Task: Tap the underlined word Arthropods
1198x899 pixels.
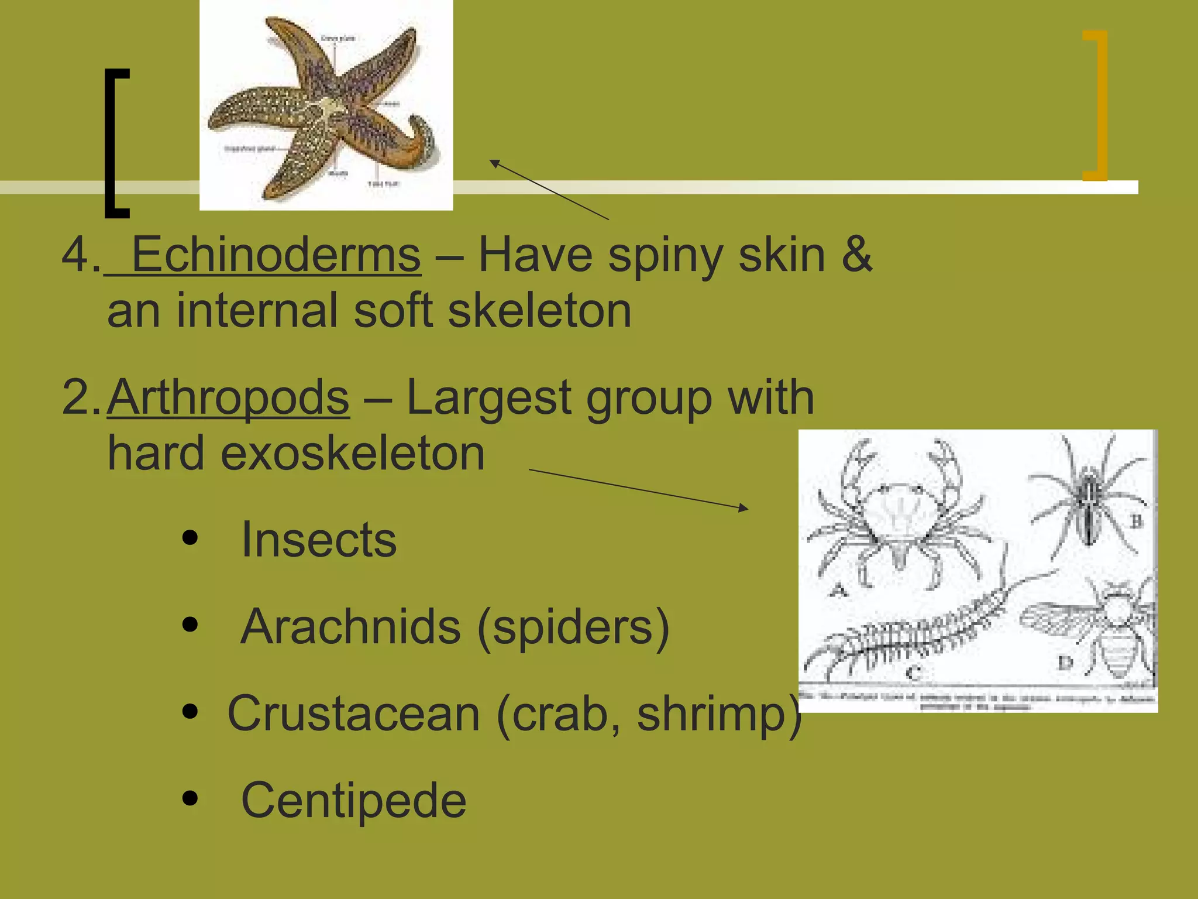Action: [228, 398]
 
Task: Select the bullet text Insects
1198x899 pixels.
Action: [319, 540]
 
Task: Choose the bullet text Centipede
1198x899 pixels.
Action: [353, 800]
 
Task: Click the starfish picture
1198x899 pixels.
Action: [326, 105]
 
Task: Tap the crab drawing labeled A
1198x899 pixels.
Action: [898, 515]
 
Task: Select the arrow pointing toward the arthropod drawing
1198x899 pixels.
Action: [638, 489]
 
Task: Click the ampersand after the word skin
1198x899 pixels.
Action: [856, 255]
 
